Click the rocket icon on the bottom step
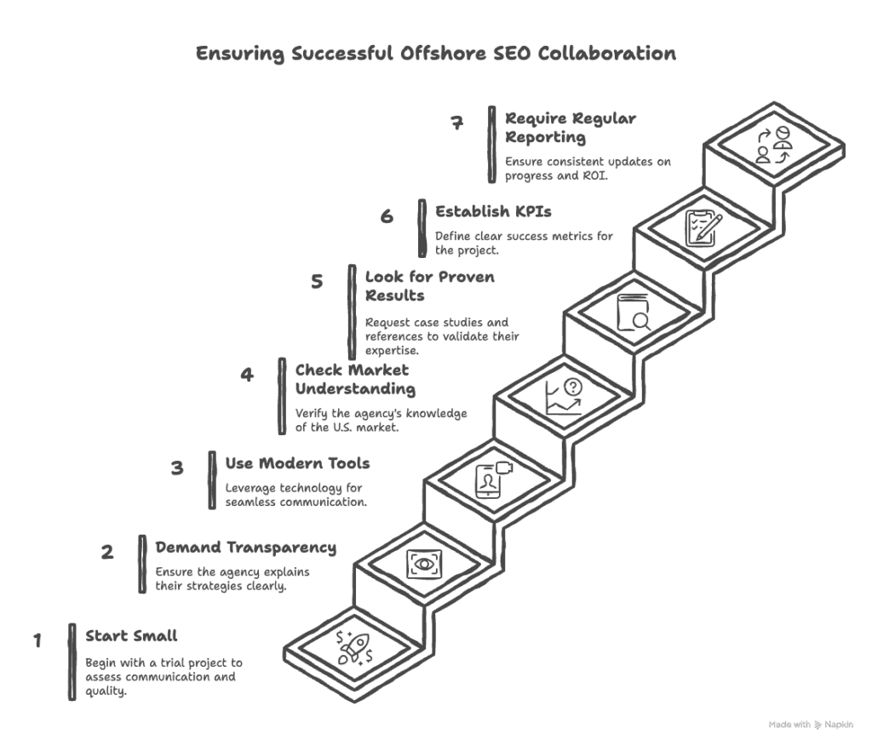[x=354, y=648]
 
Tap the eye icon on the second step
[x=424, y=565]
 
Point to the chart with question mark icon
[x=564, y=397]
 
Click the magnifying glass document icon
[x=634, y=313]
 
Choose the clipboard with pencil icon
[x=703, y=228]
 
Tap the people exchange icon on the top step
[x=773, y=145]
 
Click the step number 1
[x=37, y=640]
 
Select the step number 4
[x=247, y=375]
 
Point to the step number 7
[x=456, y=123]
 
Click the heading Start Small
[x=131, y=636]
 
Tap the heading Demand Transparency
[x=246, y=548]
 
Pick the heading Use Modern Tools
[x=297, y=463]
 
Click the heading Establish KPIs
[x=493, y=212]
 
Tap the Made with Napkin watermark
[x=811, y=725]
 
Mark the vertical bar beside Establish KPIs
[x=422, y=228]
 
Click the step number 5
[x=317, y=281]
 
